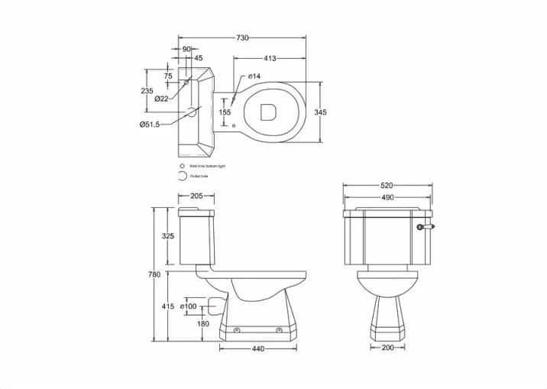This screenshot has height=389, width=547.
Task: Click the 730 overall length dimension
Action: tap(242, 37)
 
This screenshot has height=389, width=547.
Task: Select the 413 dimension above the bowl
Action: tap(270, 59)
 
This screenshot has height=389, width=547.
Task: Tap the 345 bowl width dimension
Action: tap(321, 112)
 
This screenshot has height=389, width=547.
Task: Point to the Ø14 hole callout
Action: tap(254, 76)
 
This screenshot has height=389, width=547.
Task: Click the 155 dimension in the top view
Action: tap(225, 112)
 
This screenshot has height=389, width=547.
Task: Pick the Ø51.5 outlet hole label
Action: tap(149, 125)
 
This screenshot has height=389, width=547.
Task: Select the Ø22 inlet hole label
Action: tap(161, 99)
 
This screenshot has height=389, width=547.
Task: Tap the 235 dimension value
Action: tap(148, 91)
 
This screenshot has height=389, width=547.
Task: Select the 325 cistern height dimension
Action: tap(168, 236)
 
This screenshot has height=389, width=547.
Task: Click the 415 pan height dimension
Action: tap(169, 306)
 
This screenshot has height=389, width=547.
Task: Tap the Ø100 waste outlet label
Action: tap(189, 306)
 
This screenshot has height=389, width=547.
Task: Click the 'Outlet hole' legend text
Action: tap(201, 176)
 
